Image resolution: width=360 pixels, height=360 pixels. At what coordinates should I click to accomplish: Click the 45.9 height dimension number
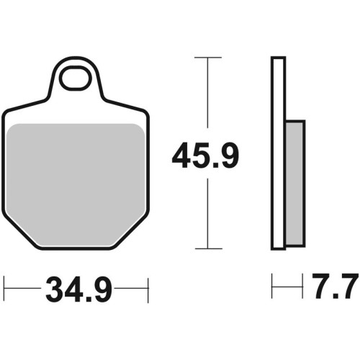[205, 156]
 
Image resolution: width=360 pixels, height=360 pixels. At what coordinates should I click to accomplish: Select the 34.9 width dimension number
[78, 289]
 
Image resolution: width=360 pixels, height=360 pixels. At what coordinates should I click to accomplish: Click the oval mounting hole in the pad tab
[76, 78]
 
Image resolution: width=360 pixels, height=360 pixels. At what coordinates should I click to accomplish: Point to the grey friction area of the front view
[76, 185]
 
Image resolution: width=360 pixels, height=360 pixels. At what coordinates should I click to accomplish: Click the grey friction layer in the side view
[295, 184]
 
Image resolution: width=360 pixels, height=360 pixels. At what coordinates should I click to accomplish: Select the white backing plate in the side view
[278, 153]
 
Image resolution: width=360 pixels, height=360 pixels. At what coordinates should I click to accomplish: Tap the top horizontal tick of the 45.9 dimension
[208, 58]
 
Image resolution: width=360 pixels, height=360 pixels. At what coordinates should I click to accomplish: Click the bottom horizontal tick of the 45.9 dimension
[208, 248]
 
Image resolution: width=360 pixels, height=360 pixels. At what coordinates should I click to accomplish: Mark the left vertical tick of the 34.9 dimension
[4, 289]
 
